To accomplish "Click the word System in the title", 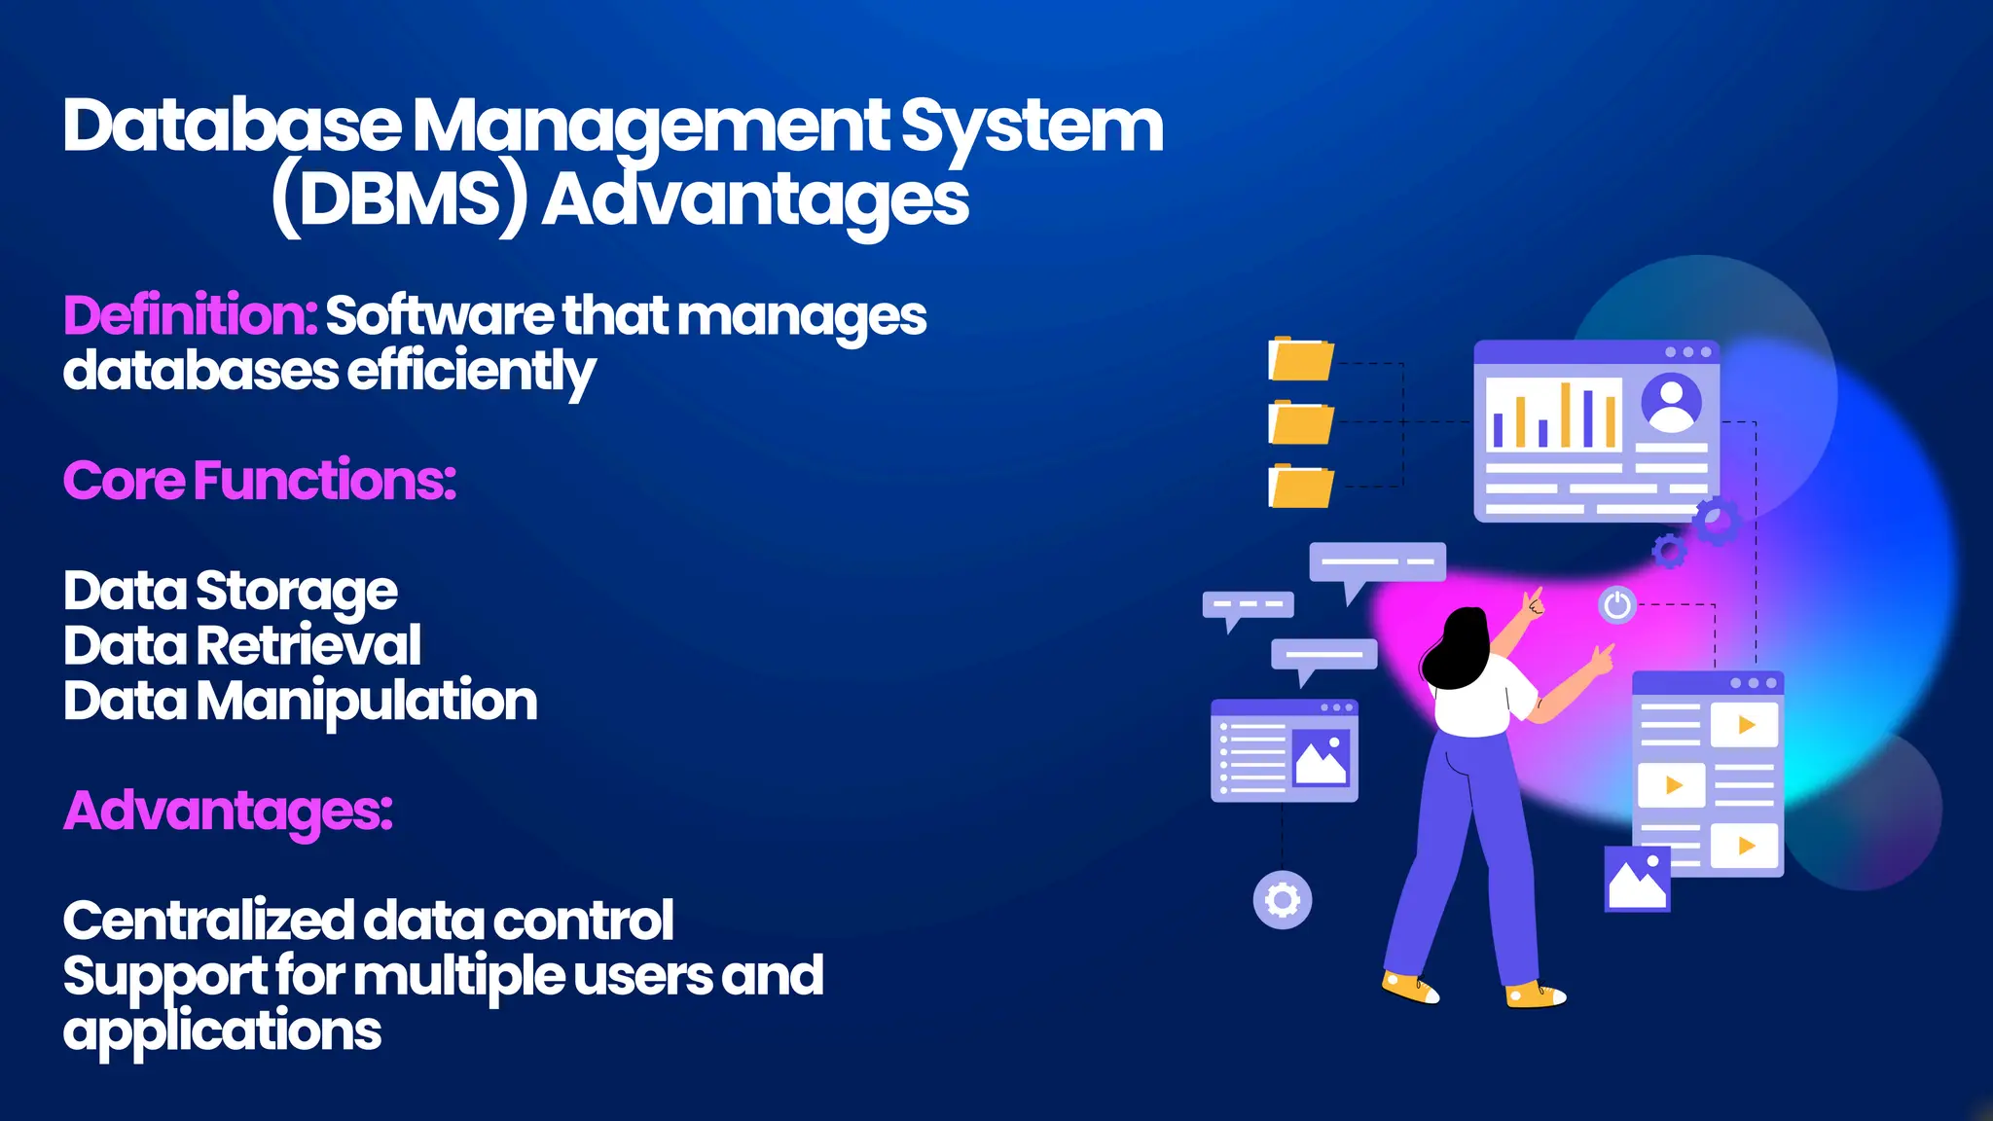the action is click(1032, 127).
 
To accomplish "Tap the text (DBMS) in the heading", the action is click(399, 200).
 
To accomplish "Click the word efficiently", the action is click(471, 372).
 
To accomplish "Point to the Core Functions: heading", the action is click(260, 481).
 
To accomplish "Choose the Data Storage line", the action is click(231, 591).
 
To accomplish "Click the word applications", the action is click(222, 1031).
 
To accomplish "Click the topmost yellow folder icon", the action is click(1301, 360).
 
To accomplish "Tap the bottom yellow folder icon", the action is click(1301, 487).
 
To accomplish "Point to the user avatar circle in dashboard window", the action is click(1671, 402).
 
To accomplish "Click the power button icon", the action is click(1617, 605).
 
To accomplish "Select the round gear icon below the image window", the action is click(1282, 900).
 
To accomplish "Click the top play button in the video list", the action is click(1745, 725).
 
